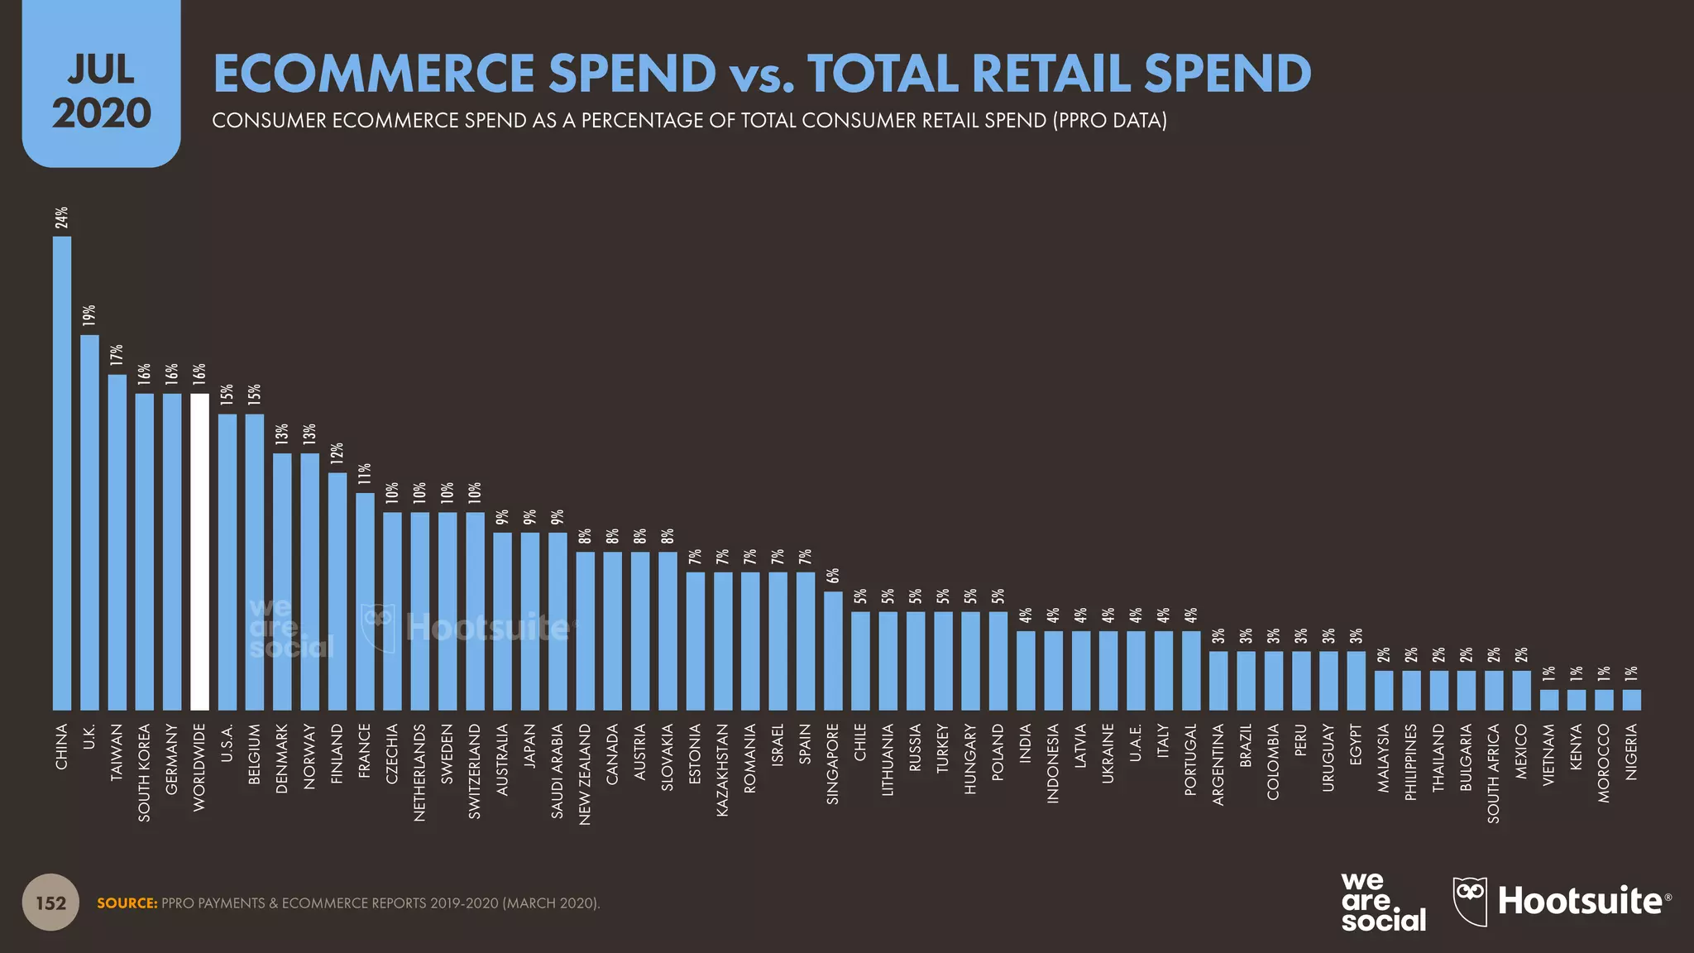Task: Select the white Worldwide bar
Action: (199, 552)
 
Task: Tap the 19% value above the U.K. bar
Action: (89, 315)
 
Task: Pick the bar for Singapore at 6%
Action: (833, 651)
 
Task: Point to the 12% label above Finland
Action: (337, 453)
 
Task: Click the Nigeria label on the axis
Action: (1631, 752)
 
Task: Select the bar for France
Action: (365, 601)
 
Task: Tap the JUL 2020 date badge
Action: (101, 91)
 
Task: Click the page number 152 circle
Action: (50, 903)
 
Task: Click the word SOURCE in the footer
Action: (127, 903)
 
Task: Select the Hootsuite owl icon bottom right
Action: (1470, 900)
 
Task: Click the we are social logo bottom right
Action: (1382, 902)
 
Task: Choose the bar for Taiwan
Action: (117, 543)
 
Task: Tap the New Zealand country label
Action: (585, 774)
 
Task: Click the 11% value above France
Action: (365, 474)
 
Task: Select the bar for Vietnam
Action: (1548, 700)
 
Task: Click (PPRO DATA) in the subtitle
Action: (1109, 121)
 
